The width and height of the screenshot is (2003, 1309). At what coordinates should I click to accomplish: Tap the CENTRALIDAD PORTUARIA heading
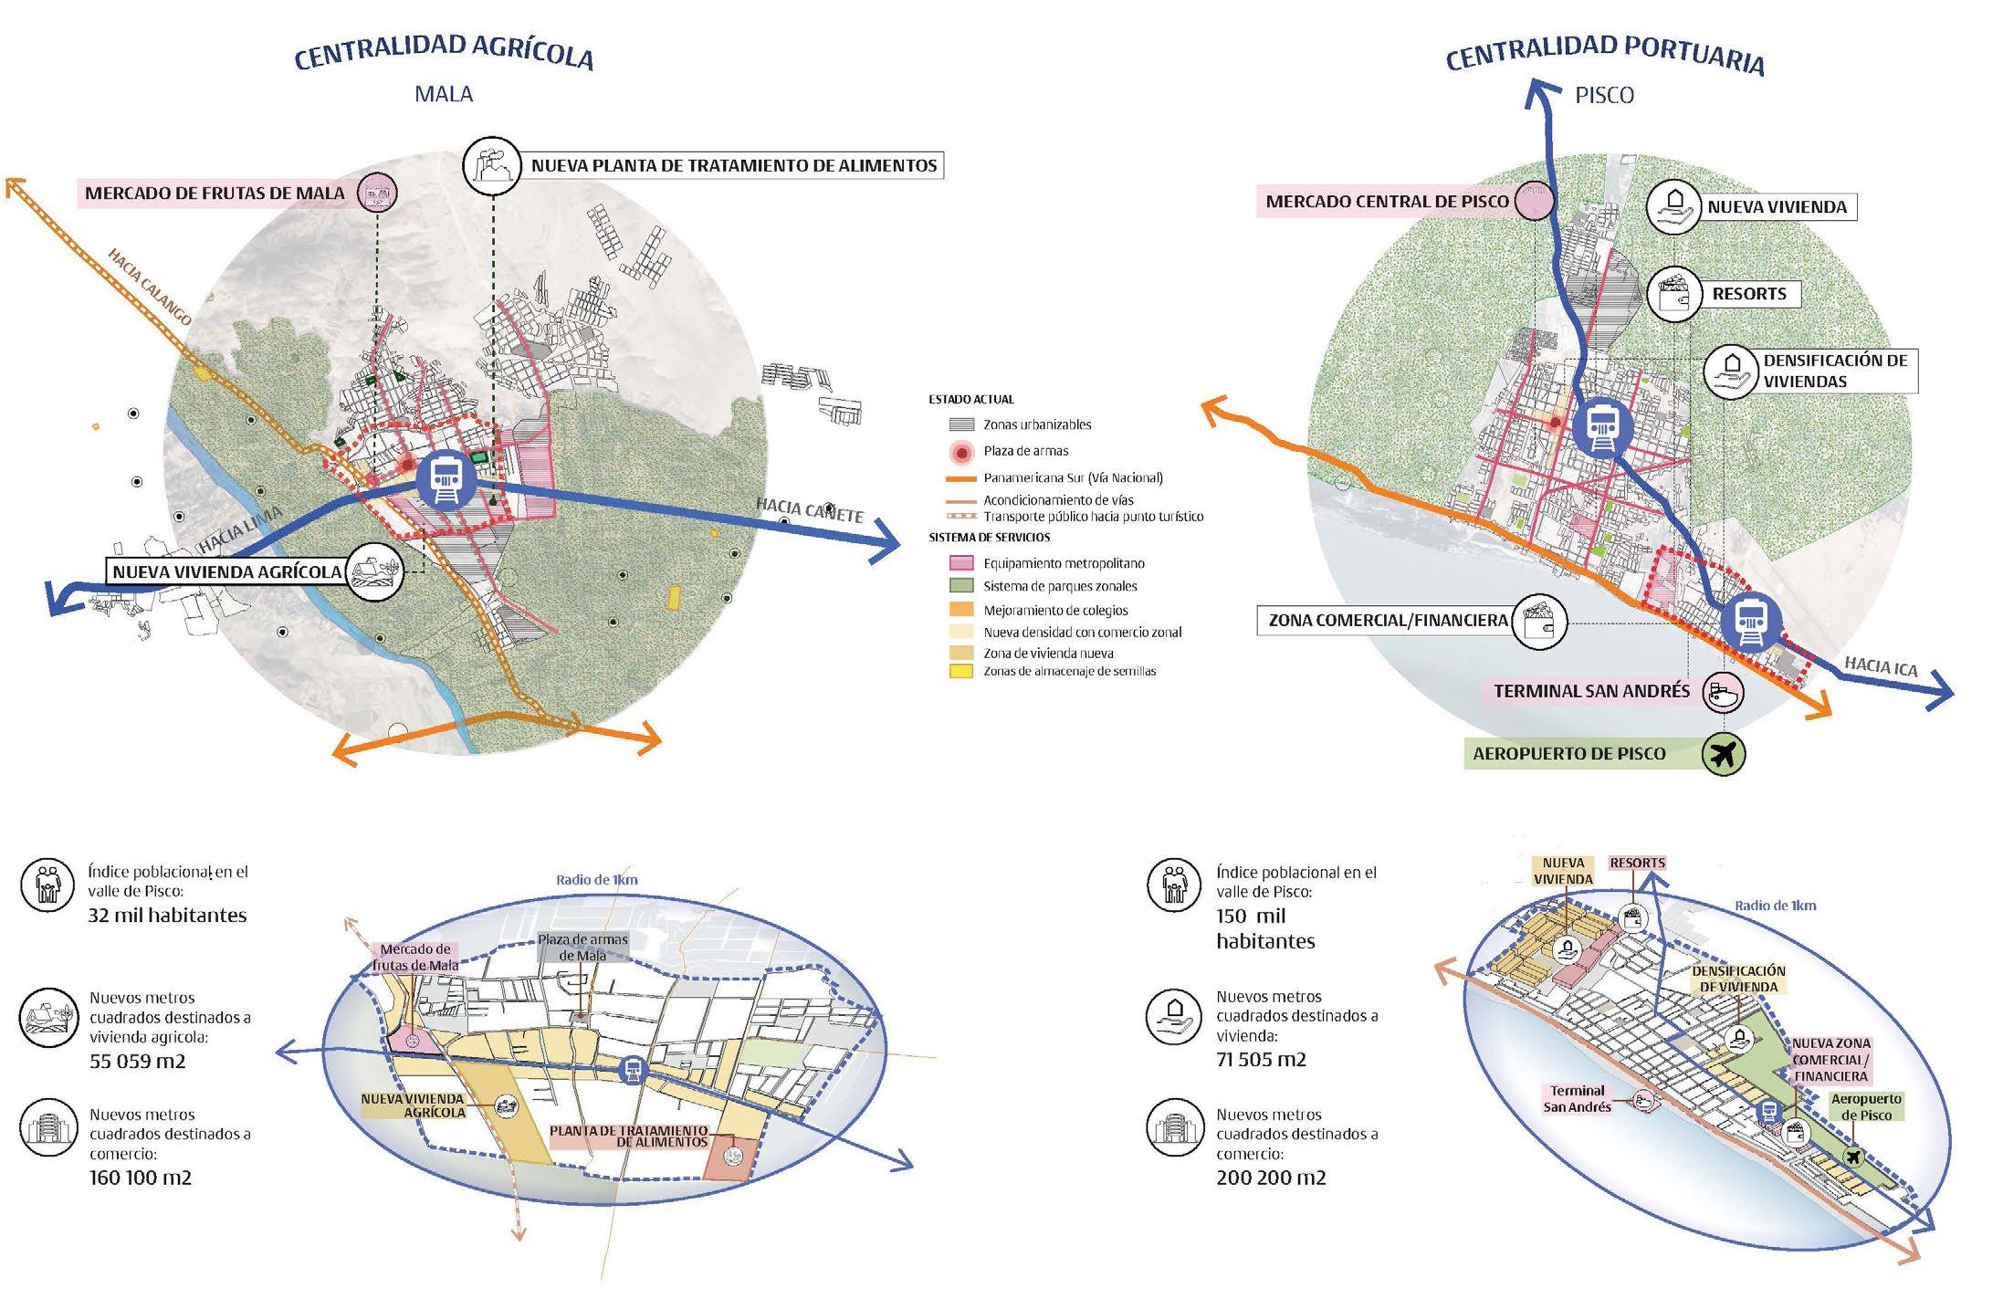[1604, 54]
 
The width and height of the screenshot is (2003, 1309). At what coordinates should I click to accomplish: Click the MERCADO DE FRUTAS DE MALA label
[215, 194]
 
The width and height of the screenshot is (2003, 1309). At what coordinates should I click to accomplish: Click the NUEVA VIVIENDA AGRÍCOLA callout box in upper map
[227, 572]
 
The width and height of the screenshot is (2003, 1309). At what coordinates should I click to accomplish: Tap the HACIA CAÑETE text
[809, 509]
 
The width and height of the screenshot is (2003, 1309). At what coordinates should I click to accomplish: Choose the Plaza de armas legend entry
[1025, 451]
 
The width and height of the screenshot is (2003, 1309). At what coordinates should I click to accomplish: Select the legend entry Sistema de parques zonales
[1059, 586]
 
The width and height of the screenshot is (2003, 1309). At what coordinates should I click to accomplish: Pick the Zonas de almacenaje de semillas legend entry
[1069, 671]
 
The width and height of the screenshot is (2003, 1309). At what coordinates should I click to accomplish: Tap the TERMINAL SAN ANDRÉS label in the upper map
[1591, 691]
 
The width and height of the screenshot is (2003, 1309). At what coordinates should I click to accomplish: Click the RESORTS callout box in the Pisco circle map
[1748, 294]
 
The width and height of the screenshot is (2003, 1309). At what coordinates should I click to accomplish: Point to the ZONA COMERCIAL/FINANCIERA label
[1388, 621]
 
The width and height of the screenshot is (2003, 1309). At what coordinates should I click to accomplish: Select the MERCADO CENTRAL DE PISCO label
[1387, 201]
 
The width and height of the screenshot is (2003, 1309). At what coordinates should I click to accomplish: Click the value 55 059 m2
[137, 1062]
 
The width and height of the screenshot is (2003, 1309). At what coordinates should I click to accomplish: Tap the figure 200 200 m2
[1271, 1178]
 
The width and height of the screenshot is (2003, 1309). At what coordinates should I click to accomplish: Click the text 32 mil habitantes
[167, 916]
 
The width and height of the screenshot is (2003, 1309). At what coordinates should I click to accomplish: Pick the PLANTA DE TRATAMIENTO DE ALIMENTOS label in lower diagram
[629, 1136]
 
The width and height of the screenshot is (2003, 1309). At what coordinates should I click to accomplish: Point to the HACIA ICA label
[1881, 666]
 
